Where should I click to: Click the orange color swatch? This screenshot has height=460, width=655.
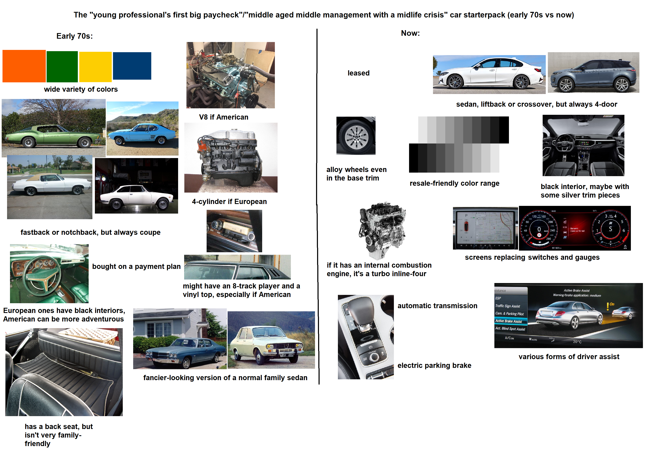coord(24,66)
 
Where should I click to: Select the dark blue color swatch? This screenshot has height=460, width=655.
coord(132,66)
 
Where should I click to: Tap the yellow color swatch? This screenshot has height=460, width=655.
coord(95,67)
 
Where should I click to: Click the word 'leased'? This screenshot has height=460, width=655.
coord(358,73)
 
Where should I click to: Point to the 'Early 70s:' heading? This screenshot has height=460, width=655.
coord(74,36)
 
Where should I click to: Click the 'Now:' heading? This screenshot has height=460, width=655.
coord(410,33)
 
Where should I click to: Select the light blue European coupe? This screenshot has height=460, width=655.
coord(142,134)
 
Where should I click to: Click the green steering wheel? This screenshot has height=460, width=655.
coord(42,275)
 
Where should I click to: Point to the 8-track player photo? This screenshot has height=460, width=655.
coord(234,231)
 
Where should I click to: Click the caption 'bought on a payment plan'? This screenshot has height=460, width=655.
coord(136,266)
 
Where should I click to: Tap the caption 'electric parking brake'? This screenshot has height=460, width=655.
coord(434,365)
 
